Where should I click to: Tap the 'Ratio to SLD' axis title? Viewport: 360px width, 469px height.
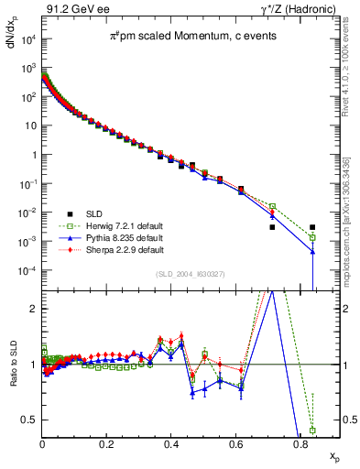12,376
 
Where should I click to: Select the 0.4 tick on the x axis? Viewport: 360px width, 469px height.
172,442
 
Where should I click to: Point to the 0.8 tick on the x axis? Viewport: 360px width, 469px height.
301,442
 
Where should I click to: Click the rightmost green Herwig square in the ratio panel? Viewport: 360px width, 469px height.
313,430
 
